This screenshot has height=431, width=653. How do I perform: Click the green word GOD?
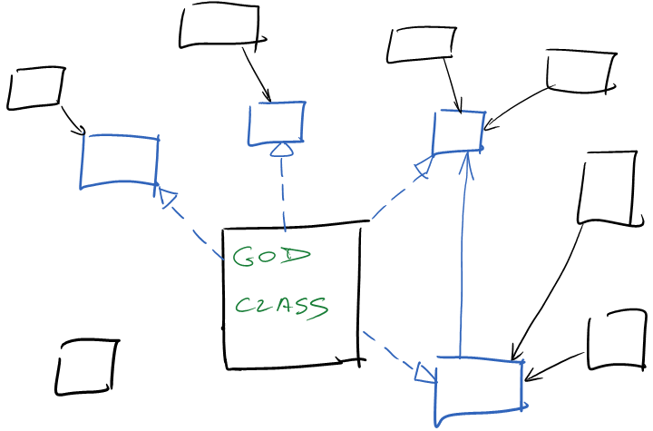tap(271, 256)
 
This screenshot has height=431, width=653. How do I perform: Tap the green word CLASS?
tap(281, 306)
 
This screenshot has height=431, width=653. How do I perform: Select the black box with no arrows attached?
tap(87, 367)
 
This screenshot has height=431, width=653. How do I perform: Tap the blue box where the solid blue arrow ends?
tap(458, 132)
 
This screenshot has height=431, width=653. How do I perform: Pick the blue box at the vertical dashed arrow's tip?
tap(276, 123)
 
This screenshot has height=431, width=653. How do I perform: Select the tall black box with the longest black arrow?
tap(607, 188)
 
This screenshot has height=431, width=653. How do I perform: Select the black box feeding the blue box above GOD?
tap(219, 25)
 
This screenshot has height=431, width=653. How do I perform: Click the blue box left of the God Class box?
tap(120, 162)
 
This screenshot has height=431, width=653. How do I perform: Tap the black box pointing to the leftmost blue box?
tap(35, 88)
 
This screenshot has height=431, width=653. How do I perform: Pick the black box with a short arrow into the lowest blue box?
tap(617, 340)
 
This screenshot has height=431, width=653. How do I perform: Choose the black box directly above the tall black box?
tap(580, 73)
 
